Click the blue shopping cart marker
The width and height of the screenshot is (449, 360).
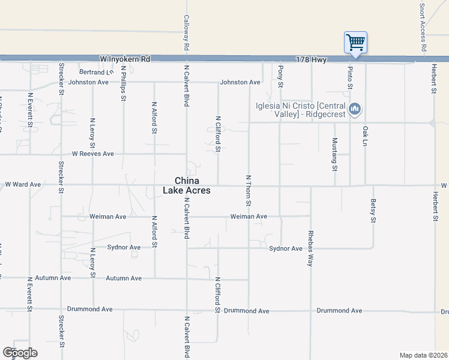(x=355, y=43)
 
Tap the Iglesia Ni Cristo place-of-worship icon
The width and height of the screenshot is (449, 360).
(x=355, y=109)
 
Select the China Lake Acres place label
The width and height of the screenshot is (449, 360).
(x=187, y=185)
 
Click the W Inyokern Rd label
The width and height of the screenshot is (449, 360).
(x=125, y=59)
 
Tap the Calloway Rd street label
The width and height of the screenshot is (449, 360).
(x=187, y=32)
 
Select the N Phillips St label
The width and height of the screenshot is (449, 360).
(x=123, y=81)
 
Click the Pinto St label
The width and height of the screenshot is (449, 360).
(x=350, y=78)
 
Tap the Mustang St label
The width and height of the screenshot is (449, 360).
(x=334, y=154)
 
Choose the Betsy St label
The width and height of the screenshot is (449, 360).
(x=373, y=211)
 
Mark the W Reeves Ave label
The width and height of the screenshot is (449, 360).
(x=93, y=154)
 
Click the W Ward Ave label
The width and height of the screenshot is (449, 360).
(x=23, y=184)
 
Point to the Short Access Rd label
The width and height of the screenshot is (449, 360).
(x=423, y=27)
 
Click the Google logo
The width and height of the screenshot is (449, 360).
(x=20, y=353)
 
